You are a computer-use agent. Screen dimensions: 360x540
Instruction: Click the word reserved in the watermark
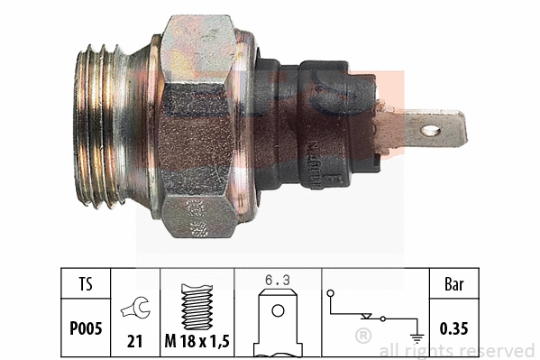click(500, 350)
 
